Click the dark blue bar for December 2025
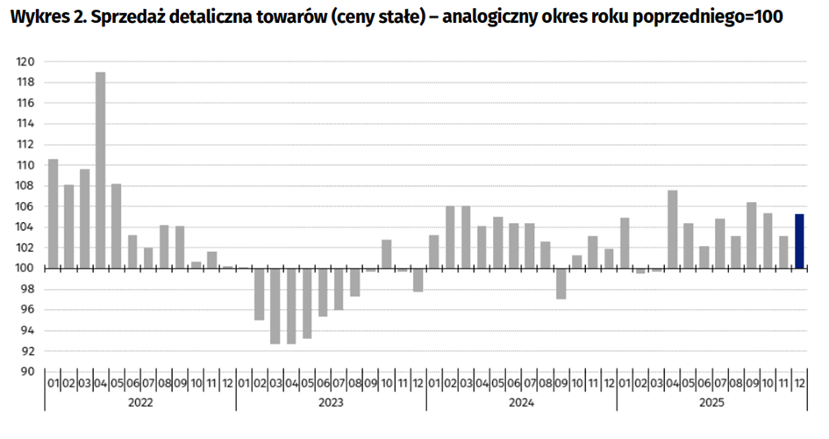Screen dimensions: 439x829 799,241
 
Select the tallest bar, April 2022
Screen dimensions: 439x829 100,169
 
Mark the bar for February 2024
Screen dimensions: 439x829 450,237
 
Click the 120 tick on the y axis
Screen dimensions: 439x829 26,61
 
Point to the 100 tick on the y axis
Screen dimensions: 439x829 26,268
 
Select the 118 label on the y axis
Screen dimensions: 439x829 26,83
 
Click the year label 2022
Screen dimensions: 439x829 140,403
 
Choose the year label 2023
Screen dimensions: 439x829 331,403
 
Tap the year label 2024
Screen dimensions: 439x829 521,403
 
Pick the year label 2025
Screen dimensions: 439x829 711,403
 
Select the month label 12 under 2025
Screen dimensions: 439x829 799,384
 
